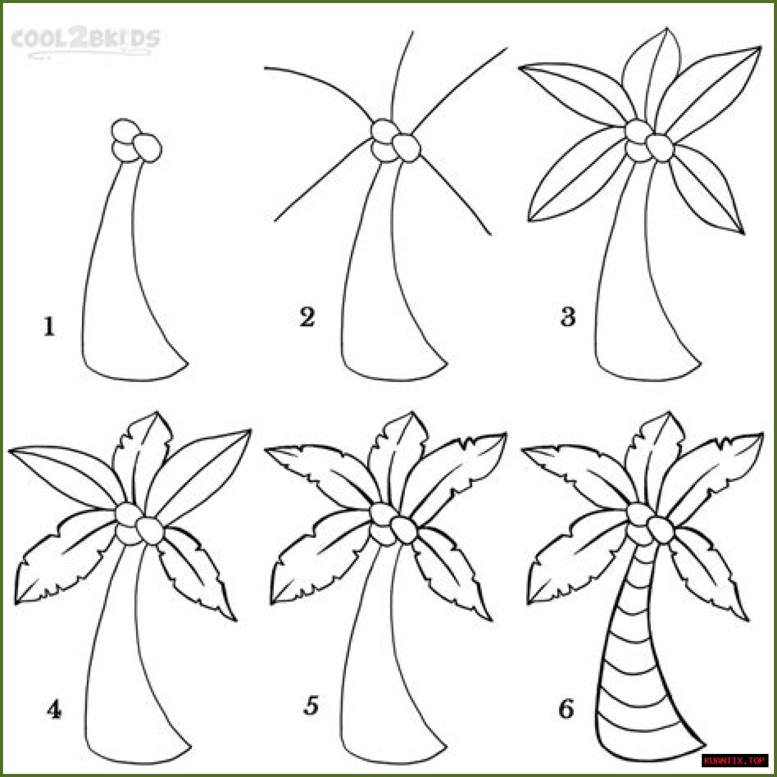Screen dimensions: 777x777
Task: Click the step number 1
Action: pos(49,327)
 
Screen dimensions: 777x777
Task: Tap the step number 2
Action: pos(307,317)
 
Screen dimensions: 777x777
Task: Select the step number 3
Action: pos(568,317)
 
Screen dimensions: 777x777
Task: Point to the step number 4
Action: pos(54,709)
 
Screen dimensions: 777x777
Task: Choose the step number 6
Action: pos(566,709)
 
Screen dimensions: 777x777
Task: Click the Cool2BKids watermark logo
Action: pos(85,42)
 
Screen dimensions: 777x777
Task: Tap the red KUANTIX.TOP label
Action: pos(734,761)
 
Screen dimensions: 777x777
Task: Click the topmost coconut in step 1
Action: pos(124,131)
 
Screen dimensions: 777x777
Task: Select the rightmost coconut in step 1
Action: pos(148,148)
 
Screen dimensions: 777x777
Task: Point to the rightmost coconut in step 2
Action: pos(407,148)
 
